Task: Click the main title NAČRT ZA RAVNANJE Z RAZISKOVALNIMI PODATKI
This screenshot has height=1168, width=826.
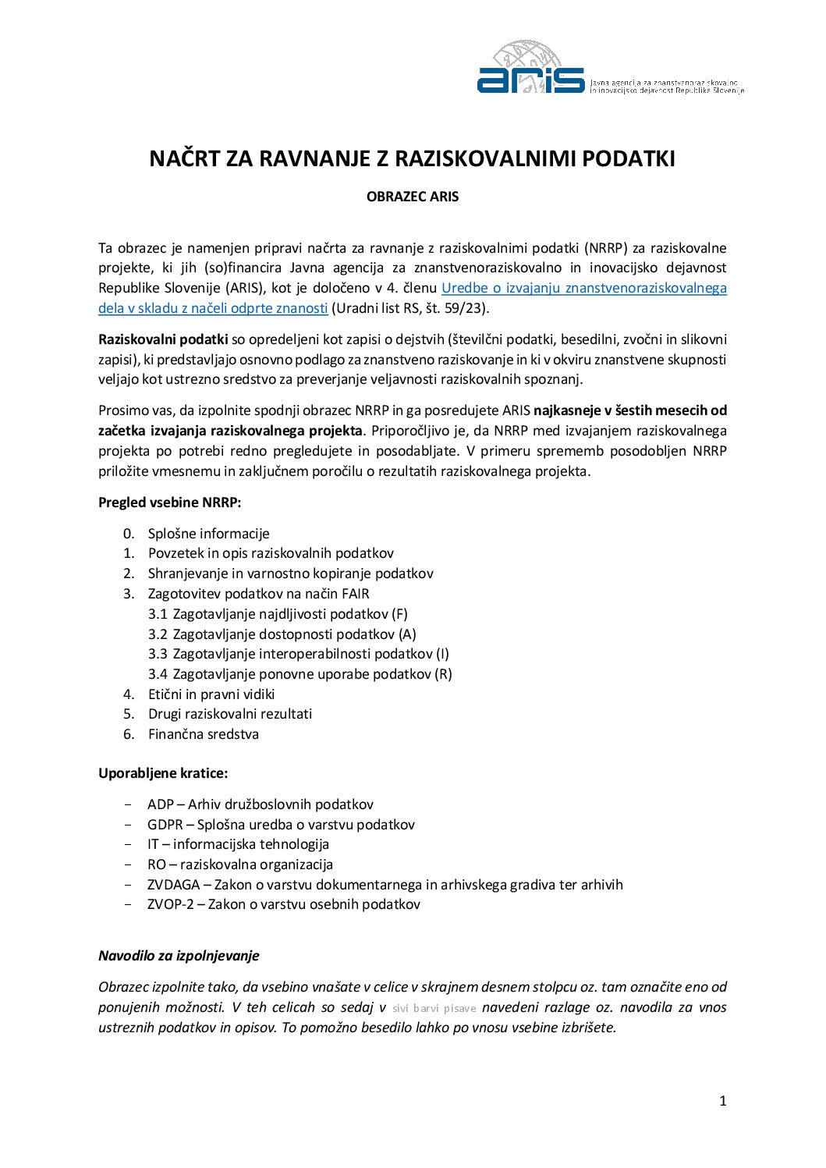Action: [412, 159]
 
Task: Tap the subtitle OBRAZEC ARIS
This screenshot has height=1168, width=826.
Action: [413, 197]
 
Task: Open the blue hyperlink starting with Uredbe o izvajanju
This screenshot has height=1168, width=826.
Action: [583, 288]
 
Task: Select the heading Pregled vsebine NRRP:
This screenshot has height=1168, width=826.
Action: [169, 502]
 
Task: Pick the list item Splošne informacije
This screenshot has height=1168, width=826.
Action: [208, 534]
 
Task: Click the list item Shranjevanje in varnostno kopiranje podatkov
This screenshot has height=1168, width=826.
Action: [290, 573]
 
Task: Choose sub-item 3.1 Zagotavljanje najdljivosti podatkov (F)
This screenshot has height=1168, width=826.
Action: [278, 614]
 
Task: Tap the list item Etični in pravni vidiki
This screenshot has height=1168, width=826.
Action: [211, 694]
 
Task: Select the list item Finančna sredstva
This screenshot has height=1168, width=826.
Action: [203, 734]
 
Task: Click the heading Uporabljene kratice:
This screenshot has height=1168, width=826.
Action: [163, 773]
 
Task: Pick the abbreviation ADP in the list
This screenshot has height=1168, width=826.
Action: [161, 804]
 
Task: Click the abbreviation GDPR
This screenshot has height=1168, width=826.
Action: [165, 825]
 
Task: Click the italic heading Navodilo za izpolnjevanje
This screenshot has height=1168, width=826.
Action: [179, 956]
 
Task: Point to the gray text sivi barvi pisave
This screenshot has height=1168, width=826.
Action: [434, 1008]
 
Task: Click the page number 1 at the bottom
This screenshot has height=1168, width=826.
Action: [722, 1101]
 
